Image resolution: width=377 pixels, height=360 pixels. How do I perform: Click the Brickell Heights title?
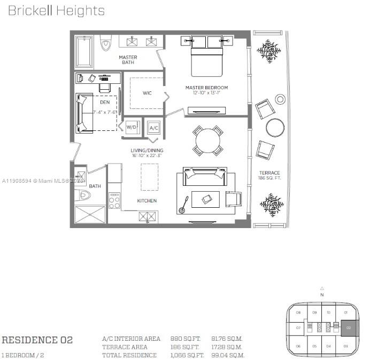pyautogui.click(x=56, y=11)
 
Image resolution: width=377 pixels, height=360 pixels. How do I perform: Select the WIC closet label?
pyautogui.click(x=147, y=93)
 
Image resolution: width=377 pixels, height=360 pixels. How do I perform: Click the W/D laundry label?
pyautogui.click(x=131, y=127)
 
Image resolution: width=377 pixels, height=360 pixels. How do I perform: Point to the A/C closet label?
pyautogui.click(x=153, y=128)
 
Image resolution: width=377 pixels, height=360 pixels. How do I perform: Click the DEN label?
pyautogui.click(x=105, y=102)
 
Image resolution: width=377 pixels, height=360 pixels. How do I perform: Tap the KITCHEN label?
pyautogui.click(x=147, y=201)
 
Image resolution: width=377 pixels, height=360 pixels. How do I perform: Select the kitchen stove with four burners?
pyautogui.click(x=114, y=200)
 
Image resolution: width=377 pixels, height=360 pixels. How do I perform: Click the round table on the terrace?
pyautogui.click(x=275, y=128)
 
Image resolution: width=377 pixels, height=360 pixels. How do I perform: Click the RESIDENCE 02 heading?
pyautogui.click(x=37, y=340)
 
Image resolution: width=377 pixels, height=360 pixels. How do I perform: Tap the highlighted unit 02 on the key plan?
pyautogui.click(x=348, y=328)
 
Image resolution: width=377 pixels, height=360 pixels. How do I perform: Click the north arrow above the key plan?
pyautogui.click(x=322, y=289)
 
